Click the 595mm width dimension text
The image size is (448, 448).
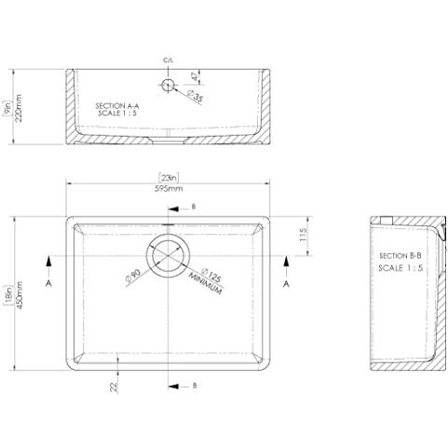[x=169, y=188]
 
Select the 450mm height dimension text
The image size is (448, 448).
[x=20, y=295]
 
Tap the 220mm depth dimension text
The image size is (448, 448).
[x=19, y=108]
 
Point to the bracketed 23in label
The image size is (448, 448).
[x=169, y=178]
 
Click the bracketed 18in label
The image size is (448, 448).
[x=8, y=295]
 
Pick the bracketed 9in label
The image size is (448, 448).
[x=7, y=108]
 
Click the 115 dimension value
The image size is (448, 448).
[x=303, y=235]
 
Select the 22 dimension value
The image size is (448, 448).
[x=114, y=387]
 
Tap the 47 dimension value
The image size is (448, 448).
[x=195, y=76]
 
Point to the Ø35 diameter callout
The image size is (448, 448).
[x=195, y=96]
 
